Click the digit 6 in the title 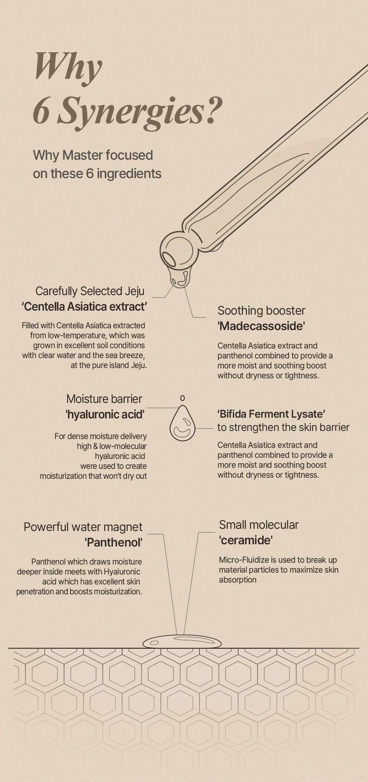tap(41, 111)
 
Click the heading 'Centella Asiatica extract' tap(84, 306)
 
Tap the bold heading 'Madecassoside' tap(262, 326)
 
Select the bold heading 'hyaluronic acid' tap(105, 414)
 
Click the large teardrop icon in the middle tap(182, 423)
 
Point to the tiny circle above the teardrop tap(182, 397)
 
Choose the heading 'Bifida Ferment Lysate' tap(271, 414)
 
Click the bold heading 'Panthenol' tap(114, 542)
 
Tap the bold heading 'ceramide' tap(246, 540)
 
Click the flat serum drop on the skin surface tap(182, 641)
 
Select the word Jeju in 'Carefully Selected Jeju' tap(134, 291)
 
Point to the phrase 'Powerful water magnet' tap(83, 527)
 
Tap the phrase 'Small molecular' tap(259, 525)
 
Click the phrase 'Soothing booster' tap(261, 310)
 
